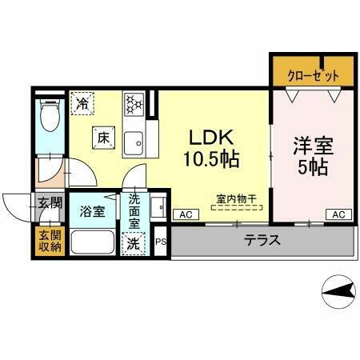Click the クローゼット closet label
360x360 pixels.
(313, 74)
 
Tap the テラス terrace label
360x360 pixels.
(262, 239)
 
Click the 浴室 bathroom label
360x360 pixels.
(91, 211)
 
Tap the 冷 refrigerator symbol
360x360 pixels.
(82, 102)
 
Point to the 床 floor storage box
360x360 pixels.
(103, 138)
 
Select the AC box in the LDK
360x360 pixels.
(184, 214)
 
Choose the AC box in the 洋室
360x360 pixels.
(337, 214)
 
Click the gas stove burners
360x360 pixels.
(132, 103)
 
